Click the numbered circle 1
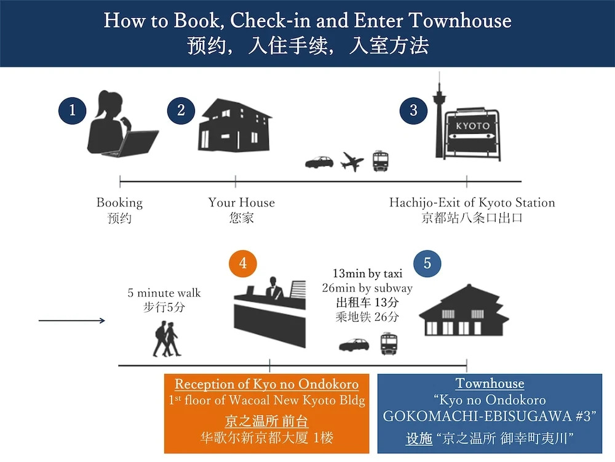coord(73,111)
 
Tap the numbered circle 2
coord(181,111)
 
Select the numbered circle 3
coord(413,111)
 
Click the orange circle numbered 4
coord(243,264)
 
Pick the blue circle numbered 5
coord(427,264)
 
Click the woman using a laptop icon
coord(120,126)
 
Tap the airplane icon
coord(352,161)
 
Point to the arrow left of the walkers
coord(72,320)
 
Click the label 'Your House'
coord(241,203)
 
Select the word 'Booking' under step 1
coord(119,203)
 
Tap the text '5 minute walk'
coord(164,293)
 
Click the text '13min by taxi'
coord(367,274)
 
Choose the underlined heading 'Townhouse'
coord(490,384)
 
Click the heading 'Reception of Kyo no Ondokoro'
coord(267,384)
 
